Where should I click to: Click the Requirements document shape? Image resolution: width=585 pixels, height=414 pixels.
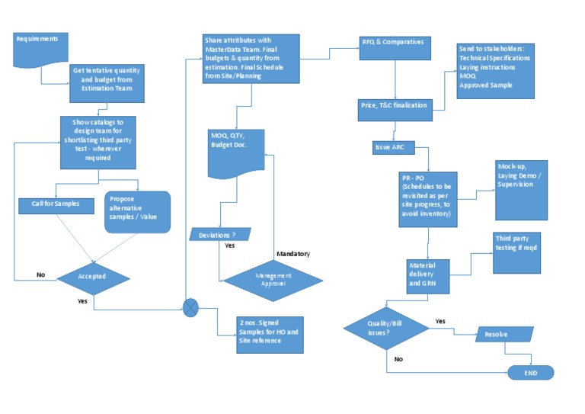click(41, 47)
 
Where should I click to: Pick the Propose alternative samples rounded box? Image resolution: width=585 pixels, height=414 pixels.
click(136, 211)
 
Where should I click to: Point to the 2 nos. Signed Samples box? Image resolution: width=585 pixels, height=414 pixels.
click(270, 335)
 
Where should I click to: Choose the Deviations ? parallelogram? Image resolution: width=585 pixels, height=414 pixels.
click(220, 234)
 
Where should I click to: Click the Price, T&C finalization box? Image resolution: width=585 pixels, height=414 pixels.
click(395, 105)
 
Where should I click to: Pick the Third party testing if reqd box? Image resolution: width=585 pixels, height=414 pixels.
click(516, 252)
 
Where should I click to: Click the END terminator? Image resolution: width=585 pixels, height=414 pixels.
click(530, 372)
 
